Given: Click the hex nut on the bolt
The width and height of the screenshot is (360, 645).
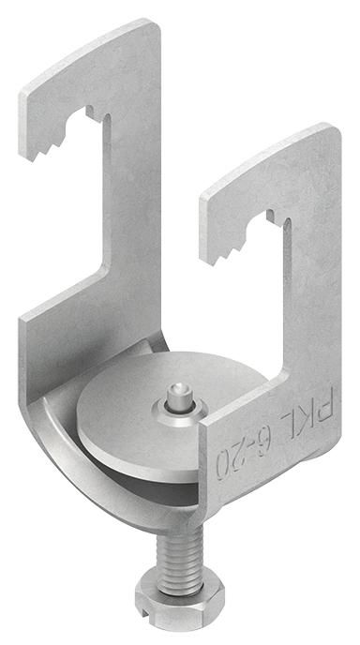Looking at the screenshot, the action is tap(180, 602).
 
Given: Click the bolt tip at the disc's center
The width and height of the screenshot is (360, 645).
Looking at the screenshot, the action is tap(179, 394).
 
